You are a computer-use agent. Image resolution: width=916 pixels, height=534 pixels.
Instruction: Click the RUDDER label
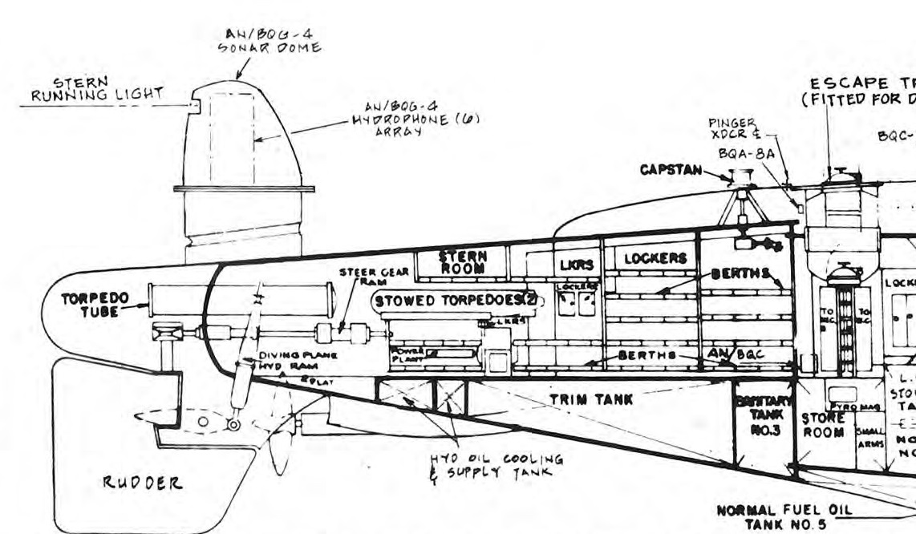141,483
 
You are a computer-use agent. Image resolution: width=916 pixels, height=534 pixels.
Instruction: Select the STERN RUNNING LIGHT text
96,89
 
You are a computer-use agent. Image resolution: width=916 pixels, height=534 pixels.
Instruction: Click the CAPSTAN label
669,170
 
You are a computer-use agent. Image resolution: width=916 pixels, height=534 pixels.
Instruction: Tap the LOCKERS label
655,258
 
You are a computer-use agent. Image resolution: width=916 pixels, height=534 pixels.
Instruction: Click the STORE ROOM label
822,425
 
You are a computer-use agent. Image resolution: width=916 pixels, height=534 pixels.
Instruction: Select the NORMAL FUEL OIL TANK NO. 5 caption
784,516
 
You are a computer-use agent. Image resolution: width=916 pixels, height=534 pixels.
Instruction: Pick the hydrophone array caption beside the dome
388,119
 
